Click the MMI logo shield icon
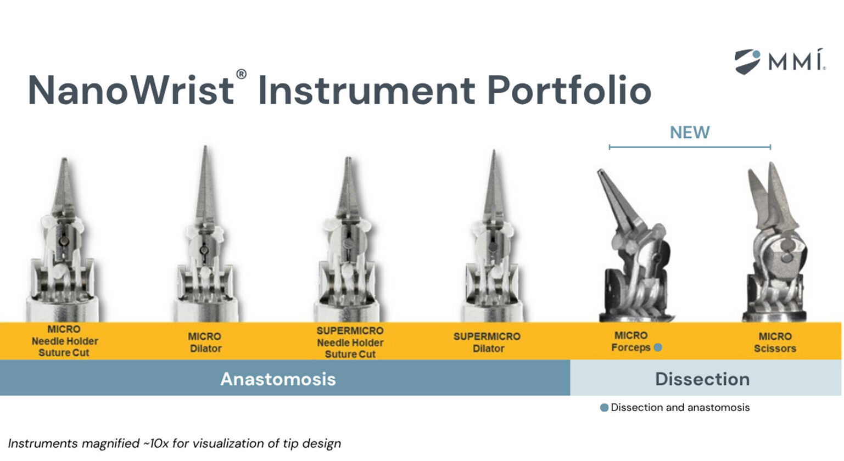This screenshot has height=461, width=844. click(x=747, y=61)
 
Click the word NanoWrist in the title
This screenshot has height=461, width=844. click(x=131, y=91)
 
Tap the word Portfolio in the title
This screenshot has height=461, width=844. click(x=569, y=91)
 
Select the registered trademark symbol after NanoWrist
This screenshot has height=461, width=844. click(x=241, y=75)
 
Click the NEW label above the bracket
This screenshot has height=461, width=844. click(x=690, y=132)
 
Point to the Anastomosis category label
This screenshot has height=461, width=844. click(x=278, y=379)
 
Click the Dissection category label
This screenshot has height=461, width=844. click(x=702, y=379)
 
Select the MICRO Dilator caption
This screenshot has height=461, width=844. click(x=205, y=342)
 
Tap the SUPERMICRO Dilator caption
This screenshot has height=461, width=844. click(x=487, y=342)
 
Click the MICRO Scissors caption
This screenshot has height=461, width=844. click(x=775, y=342)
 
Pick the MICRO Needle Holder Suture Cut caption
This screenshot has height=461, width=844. click(x=64, y=341)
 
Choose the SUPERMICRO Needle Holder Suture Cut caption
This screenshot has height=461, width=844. click(x=350, y=342)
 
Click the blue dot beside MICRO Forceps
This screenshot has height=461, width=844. click(x=658, y=347)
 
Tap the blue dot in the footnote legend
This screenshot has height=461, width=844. click(x=604, y=408)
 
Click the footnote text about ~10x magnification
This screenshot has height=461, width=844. click(x=175, y=443)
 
